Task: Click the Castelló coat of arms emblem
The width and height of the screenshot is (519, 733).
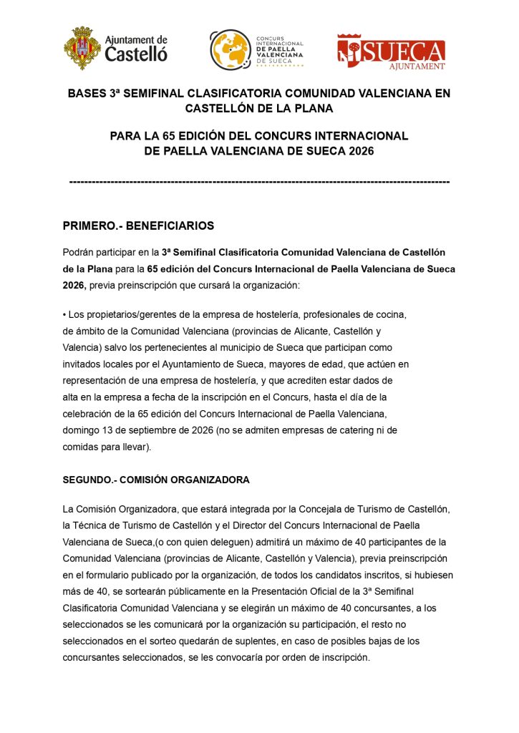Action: pyautogui.click(x=82, y=48)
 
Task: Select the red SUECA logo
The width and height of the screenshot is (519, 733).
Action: pyautogui.click(x=391, y=52)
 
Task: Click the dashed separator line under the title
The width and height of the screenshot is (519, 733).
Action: pyautogui.click(x=259, y=182)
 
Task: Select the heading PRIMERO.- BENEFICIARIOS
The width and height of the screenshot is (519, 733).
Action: pyautogui.click(x=138, y=225)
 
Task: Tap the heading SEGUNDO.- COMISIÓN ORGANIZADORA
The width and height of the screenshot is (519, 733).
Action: pyautogui.click(x=156, y=480)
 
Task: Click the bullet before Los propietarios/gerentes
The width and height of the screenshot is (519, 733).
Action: pyautogui.click(x=65, y=316)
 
